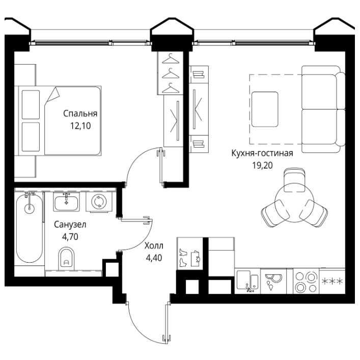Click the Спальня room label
click(x=80, y=114)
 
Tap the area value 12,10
click(x=80, y=126)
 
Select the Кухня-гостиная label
click(x=262, y=153)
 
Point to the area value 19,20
click(x=263, y=165)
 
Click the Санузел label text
click(x=70, y=225)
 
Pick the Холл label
click(x=154, y=245)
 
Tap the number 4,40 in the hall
click(x=154, y=258)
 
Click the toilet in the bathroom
click(x=67, y=259)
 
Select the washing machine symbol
click(x=99, y=201)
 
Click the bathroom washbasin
click(x=66, y=202)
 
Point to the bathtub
click(x=30, y=228)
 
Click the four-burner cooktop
click(x=306, y=282)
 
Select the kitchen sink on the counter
click(x=247, y=281)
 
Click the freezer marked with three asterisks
click(x=332, y=281)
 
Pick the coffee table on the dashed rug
click(x=265, y=109)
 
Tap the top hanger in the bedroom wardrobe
click(x=171, y=59)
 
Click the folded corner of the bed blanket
click(x=52, y=95)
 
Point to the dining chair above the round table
click(x=294, y=180)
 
